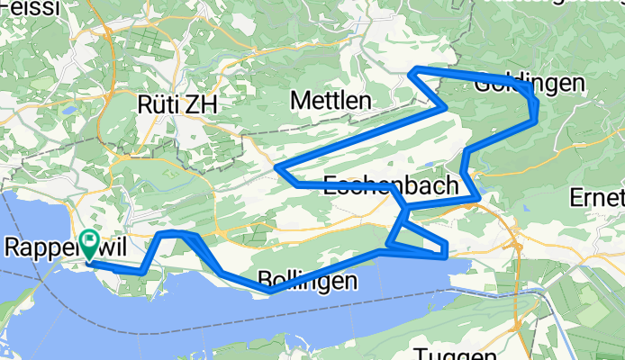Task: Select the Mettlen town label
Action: click(x=331, y=101)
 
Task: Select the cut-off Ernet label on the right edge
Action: click(x=598, y=196)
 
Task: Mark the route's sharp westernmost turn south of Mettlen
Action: click(x=276, y=167)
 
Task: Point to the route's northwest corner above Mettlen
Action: click(x=412, y=70)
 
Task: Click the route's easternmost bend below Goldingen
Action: click(x=536, y=112)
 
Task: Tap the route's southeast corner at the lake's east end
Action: click(x=445, y=255)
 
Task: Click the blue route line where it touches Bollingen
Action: click(x=270, y=290)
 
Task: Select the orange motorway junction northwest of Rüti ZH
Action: click(x=106, y=32)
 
